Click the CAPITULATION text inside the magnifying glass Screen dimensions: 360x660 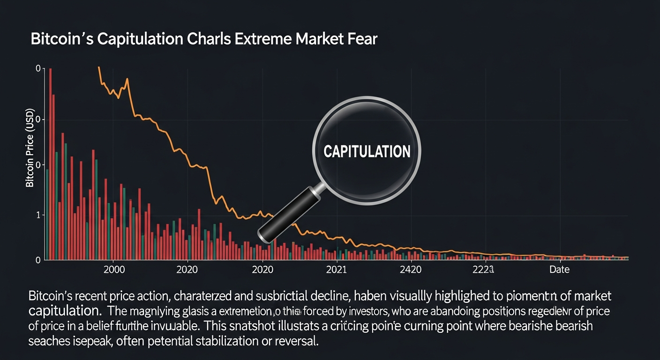click(367, 151)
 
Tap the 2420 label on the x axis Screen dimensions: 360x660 click(410, 270)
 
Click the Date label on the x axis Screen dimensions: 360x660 click(559, 270)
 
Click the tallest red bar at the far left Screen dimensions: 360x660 click(50, 164)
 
